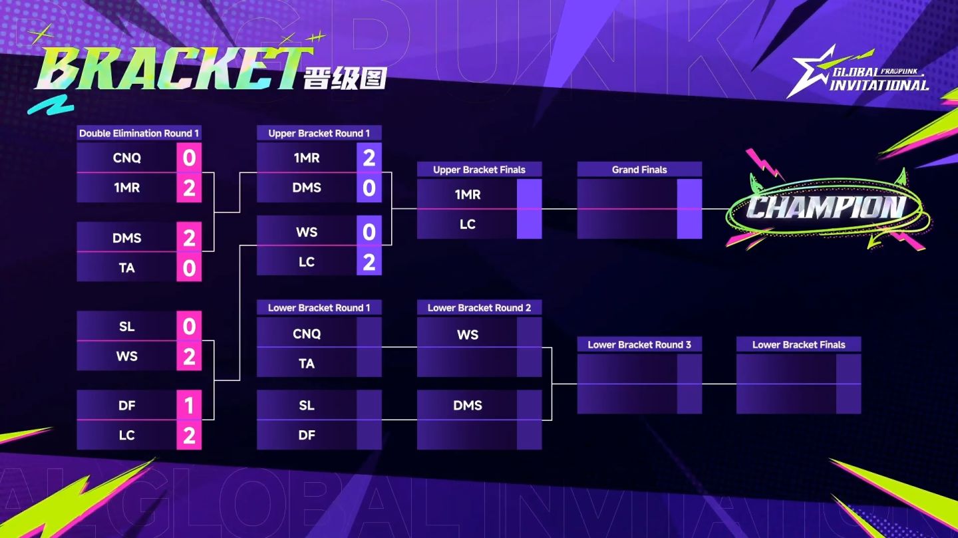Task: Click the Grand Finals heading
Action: click(639, 170)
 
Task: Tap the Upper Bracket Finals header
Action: click(479, 170)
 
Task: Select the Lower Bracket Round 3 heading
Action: click(639, 344)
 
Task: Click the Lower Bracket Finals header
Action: click(798, 344)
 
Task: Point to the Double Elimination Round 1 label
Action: click(139, 133)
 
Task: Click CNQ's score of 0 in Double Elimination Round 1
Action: click(189, 158)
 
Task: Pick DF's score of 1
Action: click(189, 406)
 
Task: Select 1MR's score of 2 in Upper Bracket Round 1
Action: click(369, 158)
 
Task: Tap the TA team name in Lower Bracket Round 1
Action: click(307, 364)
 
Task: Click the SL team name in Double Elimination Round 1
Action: click(127, 327)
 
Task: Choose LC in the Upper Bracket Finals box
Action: click(468, 224)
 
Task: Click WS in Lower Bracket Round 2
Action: click(468, 335)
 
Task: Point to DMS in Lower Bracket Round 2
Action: click(468, 406)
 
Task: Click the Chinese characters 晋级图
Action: click(345, 78)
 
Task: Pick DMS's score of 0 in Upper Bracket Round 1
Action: click(369, 188)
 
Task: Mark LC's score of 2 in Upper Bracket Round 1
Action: click(369, 262)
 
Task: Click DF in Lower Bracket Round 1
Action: click(307, 435)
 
